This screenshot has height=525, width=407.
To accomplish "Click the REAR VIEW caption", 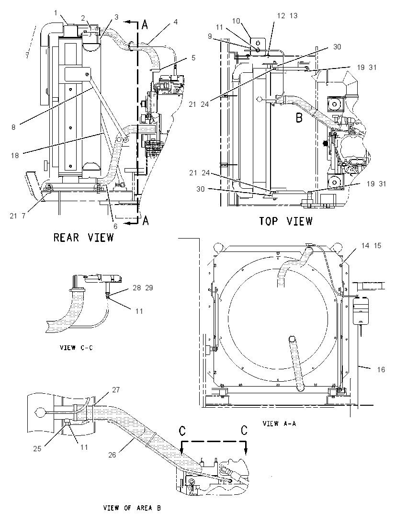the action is pyautogui.click(x=83, y=238).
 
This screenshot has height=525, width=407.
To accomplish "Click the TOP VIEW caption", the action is pyautogui.click(x=286, y=221).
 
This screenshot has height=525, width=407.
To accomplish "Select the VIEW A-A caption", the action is pyautogui.click(x=279, y=423).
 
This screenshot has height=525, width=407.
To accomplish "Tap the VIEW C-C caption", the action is pyautogui.click(x=76, y=348).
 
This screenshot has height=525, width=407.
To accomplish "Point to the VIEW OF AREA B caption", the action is pyautogui.click(x=132, y=508).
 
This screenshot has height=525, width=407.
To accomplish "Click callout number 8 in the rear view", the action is pyautogui.click(x=13, y=127).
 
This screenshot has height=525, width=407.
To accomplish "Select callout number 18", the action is pyautogui.click(x=15, y=155).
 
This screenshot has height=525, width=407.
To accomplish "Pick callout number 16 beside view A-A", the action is pyautogui.click(x=381, y=370).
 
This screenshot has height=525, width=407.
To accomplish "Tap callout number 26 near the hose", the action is pyautogui.click(x=112, y=455).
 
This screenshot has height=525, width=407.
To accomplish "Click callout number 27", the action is pyautogui.click(x=116, y=390).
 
